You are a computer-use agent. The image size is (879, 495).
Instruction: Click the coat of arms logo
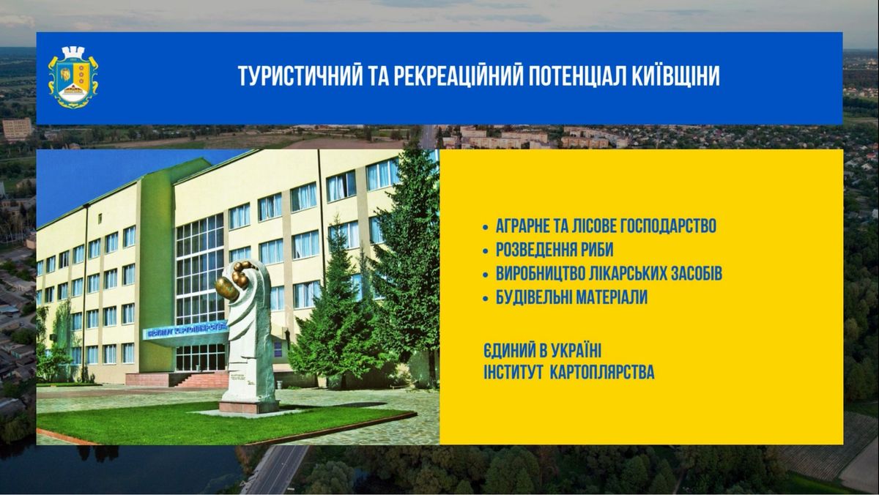click(73, 78)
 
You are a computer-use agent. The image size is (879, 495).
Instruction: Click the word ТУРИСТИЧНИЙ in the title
click(300, 75)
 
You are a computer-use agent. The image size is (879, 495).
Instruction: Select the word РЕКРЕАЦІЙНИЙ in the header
click(459, 75)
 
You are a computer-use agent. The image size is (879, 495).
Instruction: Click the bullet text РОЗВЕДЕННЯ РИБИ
click(554, 250)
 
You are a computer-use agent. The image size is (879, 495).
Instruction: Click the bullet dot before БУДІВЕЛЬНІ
click(486, 299)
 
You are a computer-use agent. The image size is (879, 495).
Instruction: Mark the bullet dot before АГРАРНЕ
click(486, 227)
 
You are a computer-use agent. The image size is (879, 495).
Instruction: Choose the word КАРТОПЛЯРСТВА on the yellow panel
click(602, 372)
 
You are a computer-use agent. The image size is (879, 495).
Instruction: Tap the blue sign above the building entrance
click(185, 330)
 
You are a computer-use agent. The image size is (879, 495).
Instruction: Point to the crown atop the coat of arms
click(73, 52)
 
